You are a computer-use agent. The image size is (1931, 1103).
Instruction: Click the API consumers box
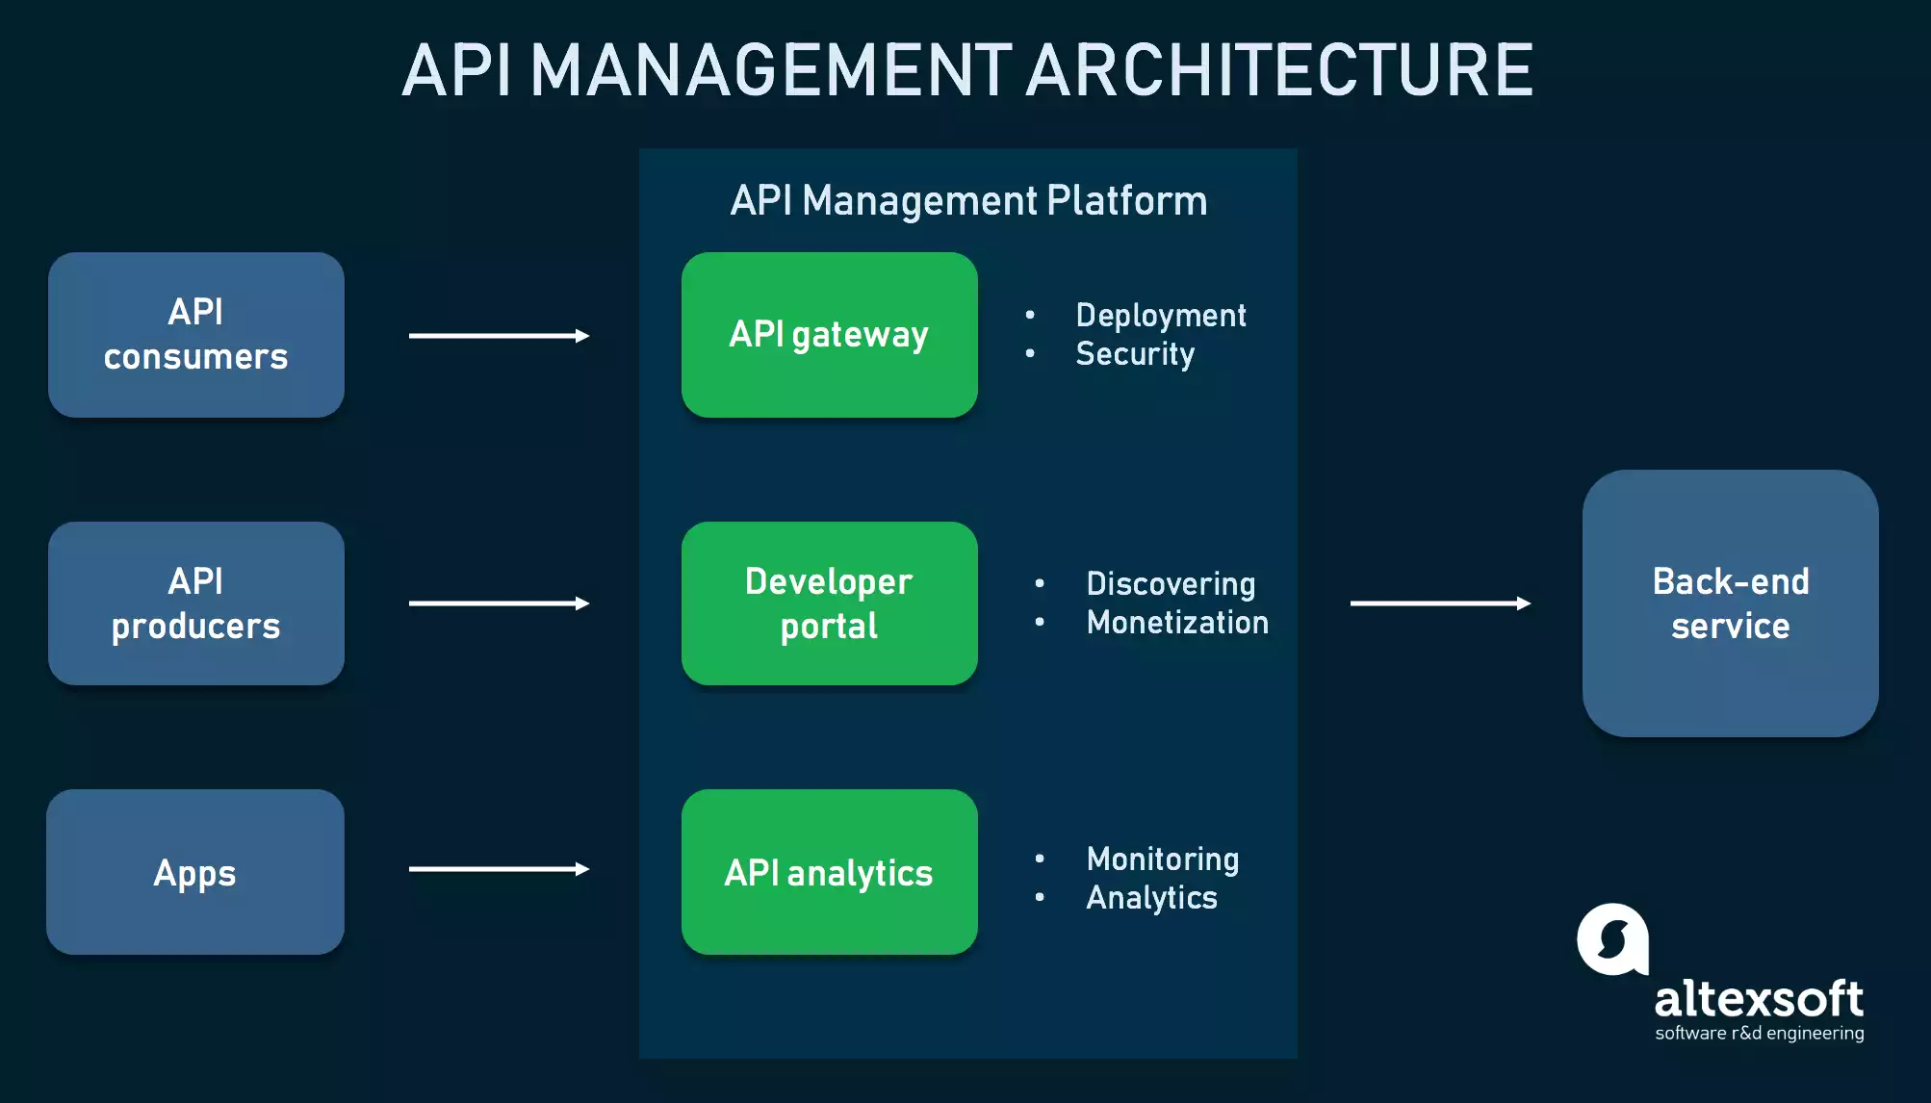[x=196, y=335]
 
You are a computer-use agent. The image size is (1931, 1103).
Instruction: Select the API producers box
[x=196, y=603]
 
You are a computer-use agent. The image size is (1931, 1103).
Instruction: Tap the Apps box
[x=195, y=872]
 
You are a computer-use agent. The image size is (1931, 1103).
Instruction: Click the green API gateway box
[x=829, y=335]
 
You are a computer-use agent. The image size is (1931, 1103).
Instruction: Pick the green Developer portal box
[x=829, y=603]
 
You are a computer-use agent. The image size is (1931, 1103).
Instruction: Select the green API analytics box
[x=829, y=872]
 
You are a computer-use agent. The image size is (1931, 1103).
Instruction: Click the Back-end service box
[x=1730, y=603]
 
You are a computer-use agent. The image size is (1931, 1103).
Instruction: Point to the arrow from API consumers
[x=499, y=336]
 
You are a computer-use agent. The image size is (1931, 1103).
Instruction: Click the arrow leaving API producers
[x=499, y=603]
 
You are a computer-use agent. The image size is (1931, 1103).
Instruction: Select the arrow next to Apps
[x=499, y=869]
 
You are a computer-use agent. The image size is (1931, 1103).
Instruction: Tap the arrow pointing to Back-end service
[x=1440, y=603]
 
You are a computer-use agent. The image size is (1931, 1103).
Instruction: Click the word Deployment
[x=1161, y=316]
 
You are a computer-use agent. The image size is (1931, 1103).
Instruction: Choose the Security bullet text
[x=1135, y=354]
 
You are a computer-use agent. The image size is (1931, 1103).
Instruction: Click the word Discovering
[x=1171, y=584]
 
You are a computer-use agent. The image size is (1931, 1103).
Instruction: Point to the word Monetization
[x=1177, y=623]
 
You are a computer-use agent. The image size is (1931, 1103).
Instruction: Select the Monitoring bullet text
[x=1163, y=859]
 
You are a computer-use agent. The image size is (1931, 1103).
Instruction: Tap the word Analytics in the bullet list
[x=1151, y=898]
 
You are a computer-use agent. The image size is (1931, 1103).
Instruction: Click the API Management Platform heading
[x=968, y=201]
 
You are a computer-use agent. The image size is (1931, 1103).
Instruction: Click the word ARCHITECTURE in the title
[x=1280, y=70]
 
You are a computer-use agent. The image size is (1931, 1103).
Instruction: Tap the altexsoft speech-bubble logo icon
[x=1613, y=938]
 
